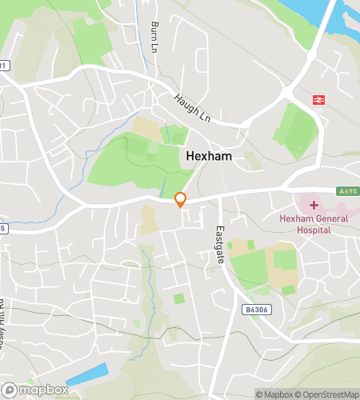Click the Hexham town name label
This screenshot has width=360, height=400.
(x=209, y=157)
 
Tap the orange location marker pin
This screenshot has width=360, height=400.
(x=181, y=200)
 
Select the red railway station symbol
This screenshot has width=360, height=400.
(x=318, y=99)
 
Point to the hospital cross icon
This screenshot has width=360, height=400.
(x=313, y=206)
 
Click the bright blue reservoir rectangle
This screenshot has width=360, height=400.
(x=86, y=374)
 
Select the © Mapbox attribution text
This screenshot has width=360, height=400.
(x=276, y=394)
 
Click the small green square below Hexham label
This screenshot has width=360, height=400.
(x=178, y=299)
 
